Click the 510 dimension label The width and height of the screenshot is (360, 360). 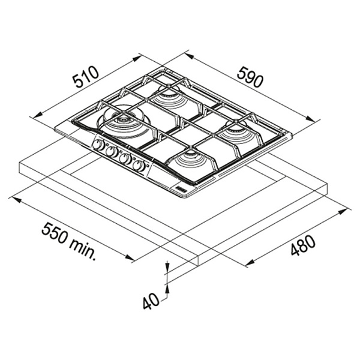click(86, 77)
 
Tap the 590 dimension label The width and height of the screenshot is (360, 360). click(250, 76)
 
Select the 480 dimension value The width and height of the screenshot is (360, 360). click(302, 245)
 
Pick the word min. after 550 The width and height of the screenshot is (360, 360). click(82, 250)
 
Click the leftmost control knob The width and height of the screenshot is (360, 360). click(98, 145)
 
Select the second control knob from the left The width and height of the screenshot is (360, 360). click(112, 151)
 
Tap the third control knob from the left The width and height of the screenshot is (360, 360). click(125, 158)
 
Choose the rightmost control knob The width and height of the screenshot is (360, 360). click(139, 165)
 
